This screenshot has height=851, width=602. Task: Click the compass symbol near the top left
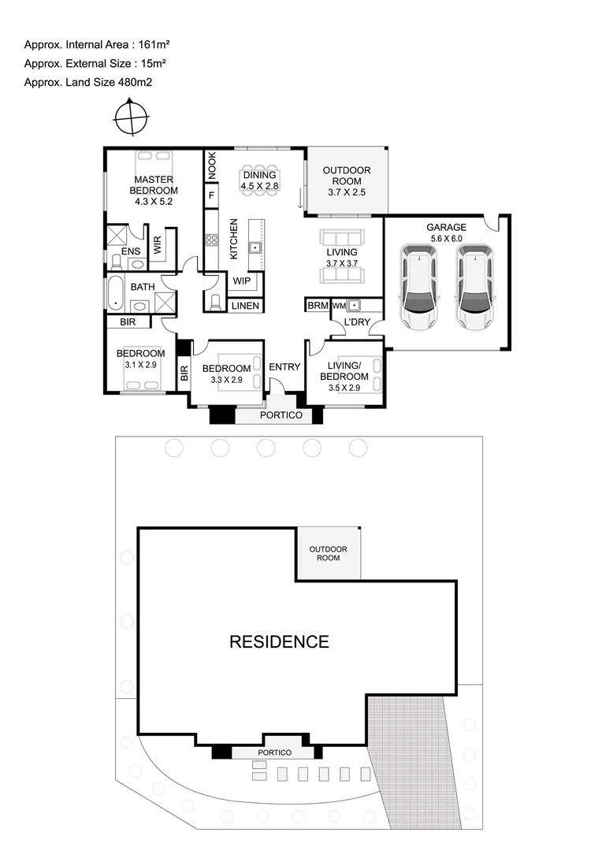131,119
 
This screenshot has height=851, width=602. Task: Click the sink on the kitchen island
255,247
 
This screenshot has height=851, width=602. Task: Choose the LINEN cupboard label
245,306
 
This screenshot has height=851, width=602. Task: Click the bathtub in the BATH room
115,292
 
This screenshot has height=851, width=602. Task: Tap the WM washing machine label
339,305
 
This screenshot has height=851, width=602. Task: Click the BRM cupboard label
318,305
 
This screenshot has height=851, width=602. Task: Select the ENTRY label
284,367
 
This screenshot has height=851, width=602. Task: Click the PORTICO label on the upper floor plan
281,415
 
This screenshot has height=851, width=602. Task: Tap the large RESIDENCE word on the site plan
279,641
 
